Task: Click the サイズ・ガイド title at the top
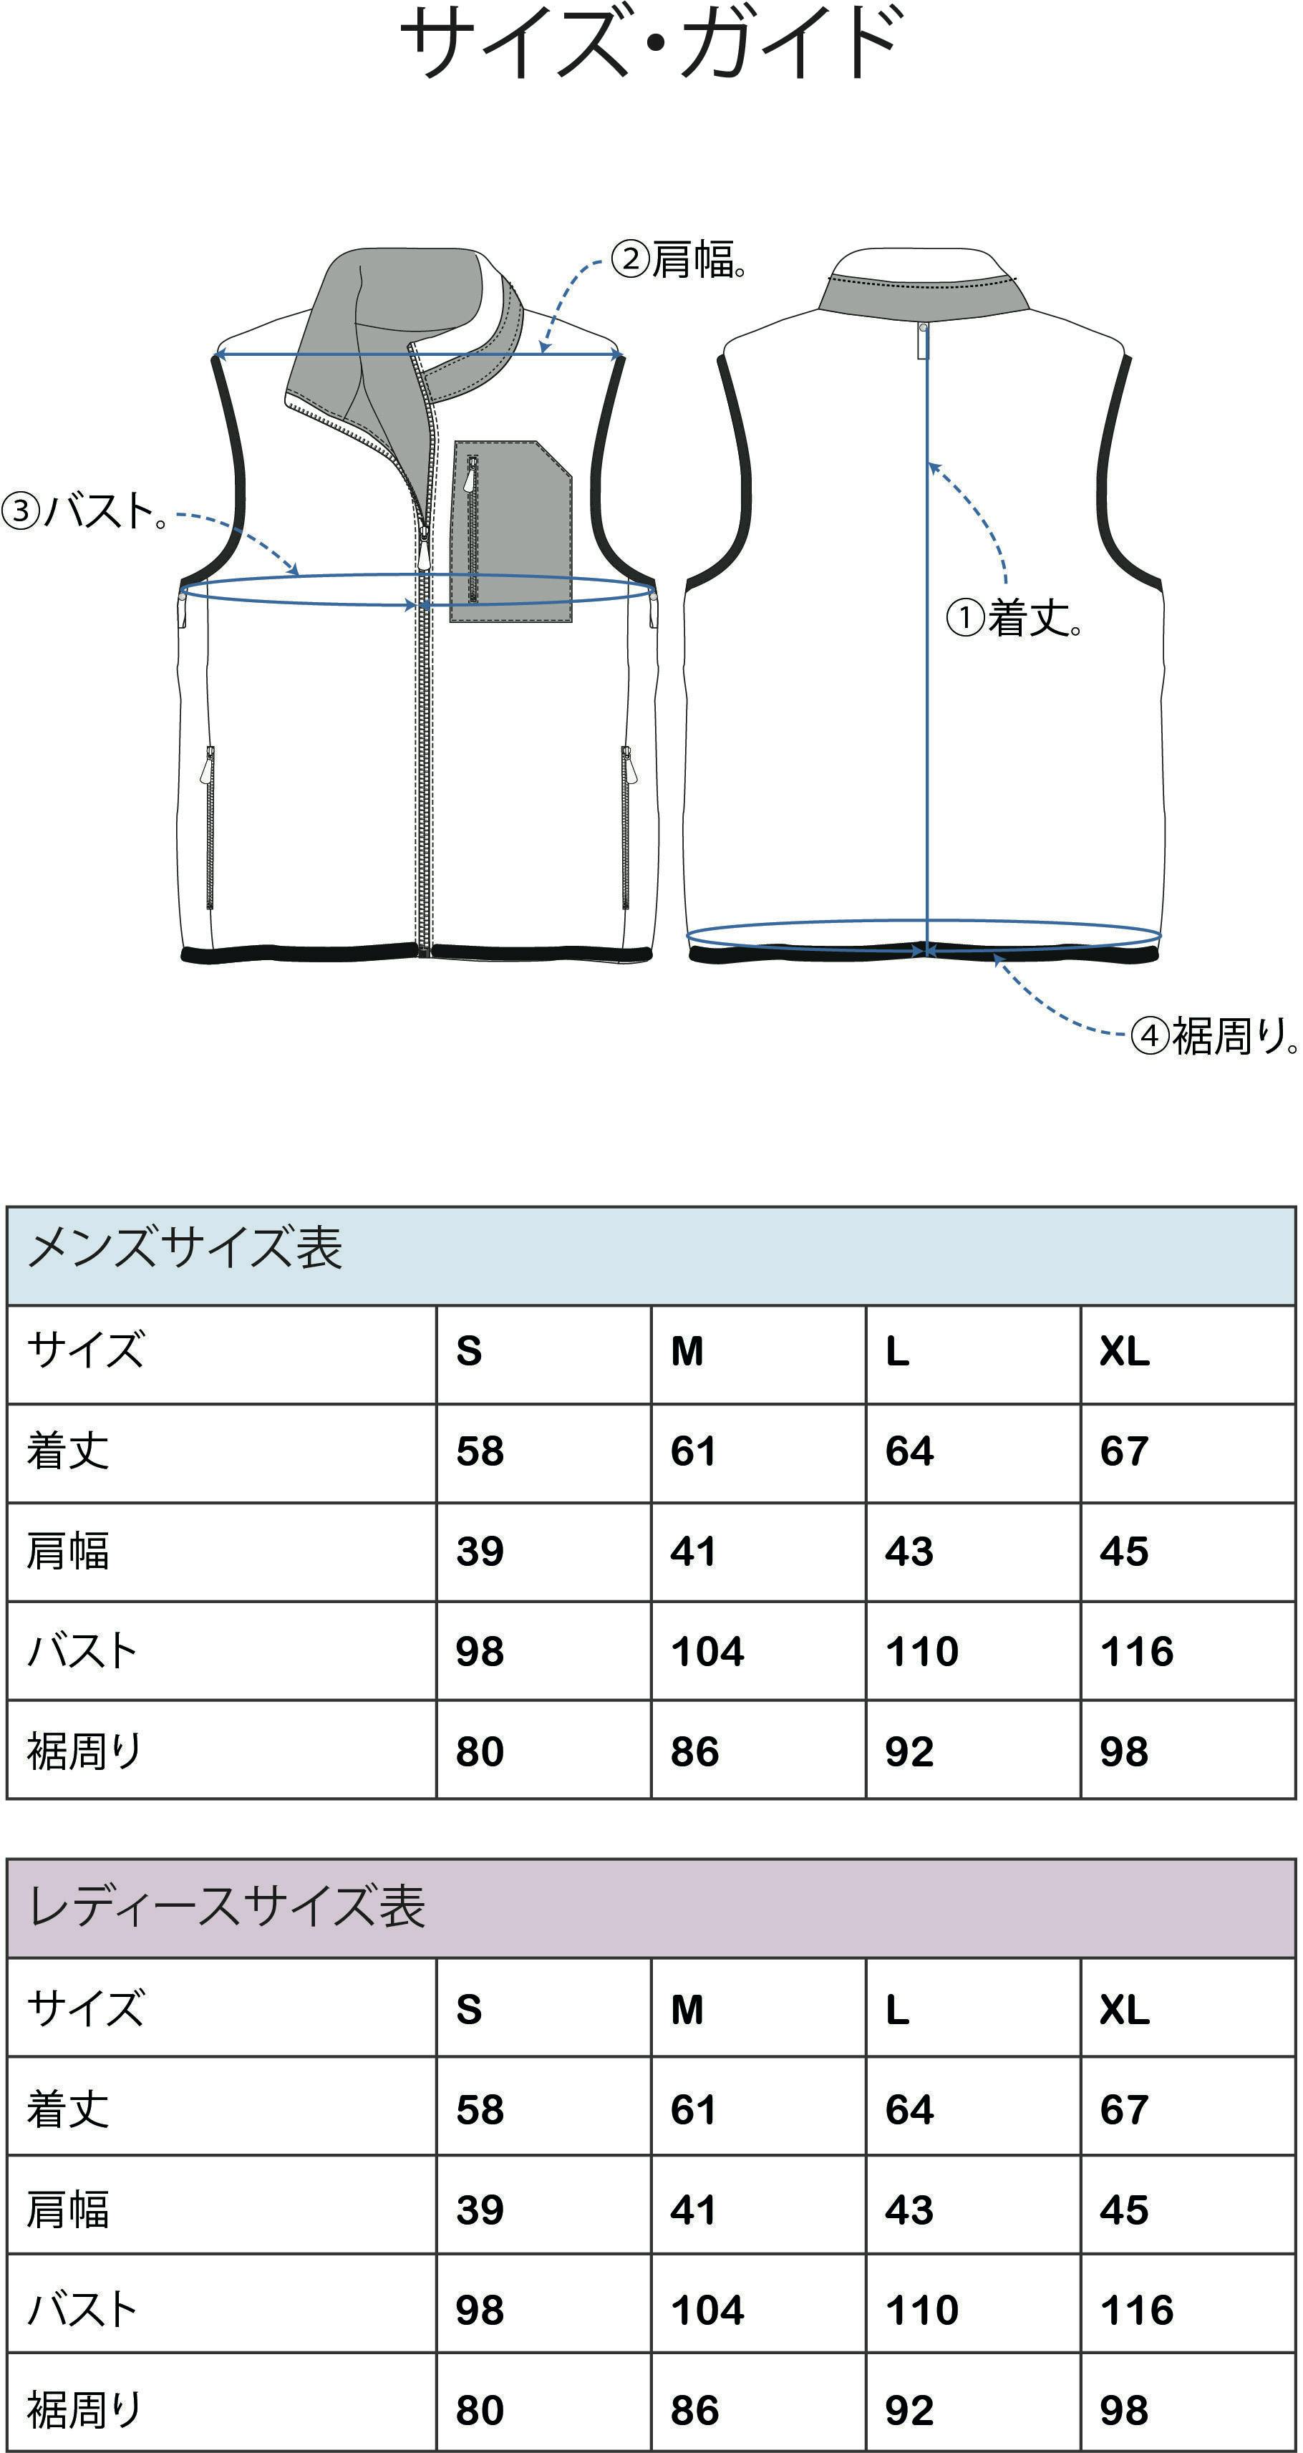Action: pos(651,43)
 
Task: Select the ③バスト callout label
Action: pos(86,511)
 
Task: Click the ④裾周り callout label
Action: pos(1214,1036)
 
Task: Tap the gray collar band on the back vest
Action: pos(924,292)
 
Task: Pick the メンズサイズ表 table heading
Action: pos(185,1247)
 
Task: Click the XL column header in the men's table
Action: pos(1125,1351)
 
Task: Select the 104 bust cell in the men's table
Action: pos(707,1651)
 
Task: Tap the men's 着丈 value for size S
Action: pos(479,1451)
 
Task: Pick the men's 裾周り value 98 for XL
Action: pos(1124,1751)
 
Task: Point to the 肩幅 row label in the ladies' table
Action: pos(67,2210)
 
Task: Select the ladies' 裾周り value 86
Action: pos(694,2410)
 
